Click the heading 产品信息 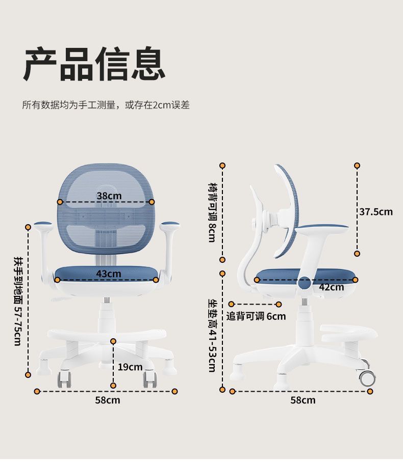tap(94, 64)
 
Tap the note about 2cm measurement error tap(106, 105)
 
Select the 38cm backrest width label tap(109, 196)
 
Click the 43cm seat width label tap(109, 274)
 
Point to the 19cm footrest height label tap(130, 367)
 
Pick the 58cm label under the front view tap(108, 400)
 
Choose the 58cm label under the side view tap(303, 400)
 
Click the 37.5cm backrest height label tap(376, 211)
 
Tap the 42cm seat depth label tap(332, 287)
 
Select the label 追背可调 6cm tap(256, 316)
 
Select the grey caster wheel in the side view tap(367, 377)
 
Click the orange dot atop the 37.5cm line tap(357, 166)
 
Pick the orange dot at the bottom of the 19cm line tap(113, 385)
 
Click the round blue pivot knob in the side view tap(305, 283)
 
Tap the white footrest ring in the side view tap(350, 334)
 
